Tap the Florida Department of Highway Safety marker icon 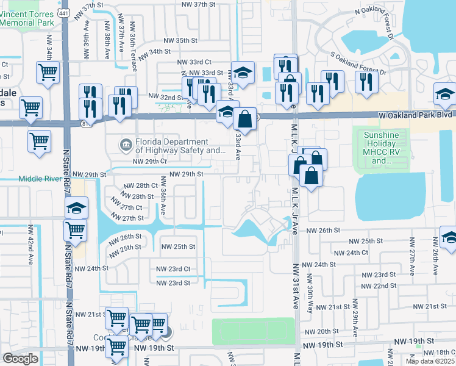(x=125, y=145)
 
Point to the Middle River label (x=41, y=179)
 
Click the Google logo (x=20, y=359)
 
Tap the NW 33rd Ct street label (x=194, y=62)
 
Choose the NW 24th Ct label (x=349, y=253)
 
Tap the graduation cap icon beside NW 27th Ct (x=77, y=209)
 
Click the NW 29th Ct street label (x=150, y=162)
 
